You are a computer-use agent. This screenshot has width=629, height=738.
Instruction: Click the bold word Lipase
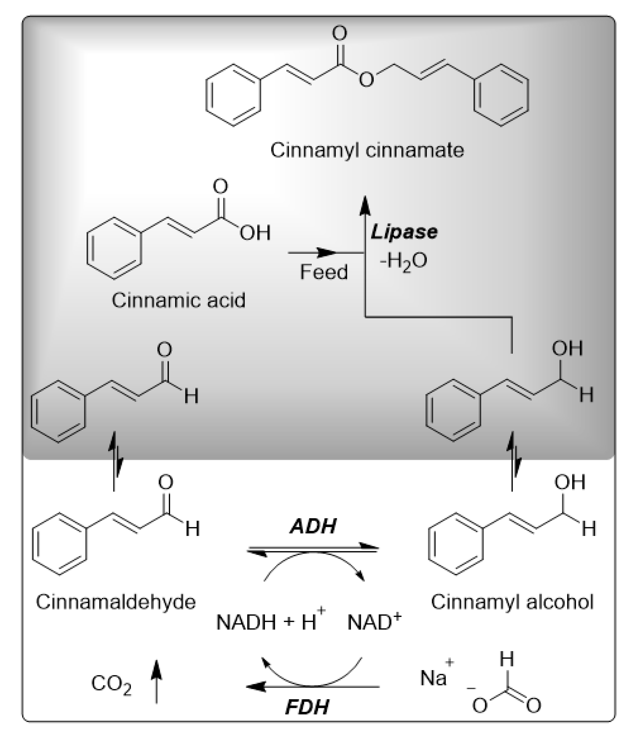(404, 232)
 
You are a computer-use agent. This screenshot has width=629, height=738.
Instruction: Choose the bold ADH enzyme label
(313, 526)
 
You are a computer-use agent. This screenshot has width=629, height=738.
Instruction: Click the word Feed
(323, 272)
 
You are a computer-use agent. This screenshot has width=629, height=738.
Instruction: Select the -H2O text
(403, 261)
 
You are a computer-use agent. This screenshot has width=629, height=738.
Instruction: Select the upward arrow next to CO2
(156, 680)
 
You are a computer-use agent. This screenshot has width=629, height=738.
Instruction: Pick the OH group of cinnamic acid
(255, 233)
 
